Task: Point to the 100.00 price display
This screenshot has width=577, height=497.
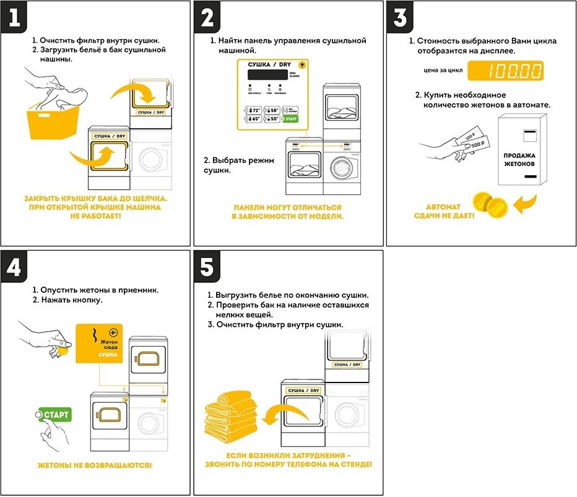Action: (x=506, y=71)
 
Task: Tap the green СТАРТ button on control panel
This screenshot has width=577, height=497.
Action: (x=291, y=118)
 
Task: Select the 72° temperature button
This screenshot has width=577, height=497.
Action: (x=252, y=110)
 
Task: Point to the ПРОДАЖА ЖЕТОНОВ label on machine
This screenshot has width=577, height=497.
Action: (x=519, y=160)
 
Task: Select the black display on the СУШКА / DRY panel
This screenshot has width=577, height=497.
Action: (x=267, y=74)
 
